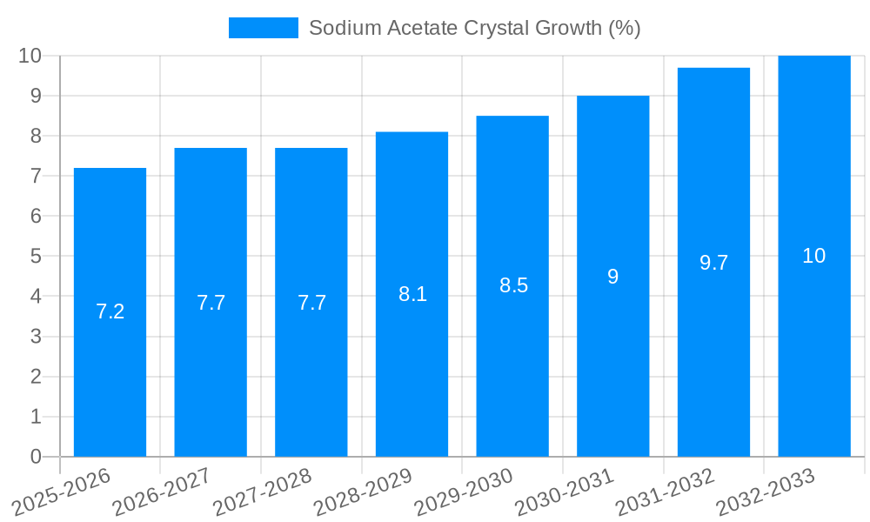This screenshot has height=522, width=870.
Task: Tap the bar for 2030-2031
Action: (612, 365)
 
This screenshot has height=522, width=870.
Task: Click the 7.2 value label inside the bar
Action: (110, 311)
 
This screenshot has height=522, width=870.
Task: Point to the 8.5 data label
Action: (513, 285)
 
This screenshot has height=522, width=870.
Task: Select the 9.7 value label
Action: (713, 263)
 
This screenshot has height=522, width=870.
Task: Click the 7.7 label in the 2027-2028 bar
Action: (311, 303)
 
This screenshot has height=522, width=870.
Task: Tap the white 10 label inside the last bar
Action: (813, 256)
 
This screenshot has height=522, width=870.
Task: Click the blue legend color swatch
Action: (263, 28)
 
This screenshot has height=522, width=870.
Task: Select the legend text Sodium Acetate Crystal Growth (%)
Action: (474, 28)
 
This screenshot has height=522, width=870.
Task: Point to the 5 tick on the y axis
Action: (36, 257)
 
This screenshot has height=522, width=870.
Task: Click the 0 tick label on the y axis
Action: (36, 457)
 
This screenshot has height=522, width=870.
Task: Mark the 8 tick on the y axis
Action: (36, 136)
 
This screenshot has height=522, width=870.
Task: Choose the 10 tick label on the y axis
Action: (30, 56)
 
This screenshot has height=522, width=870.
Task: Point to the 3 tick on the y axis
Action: (36, 337)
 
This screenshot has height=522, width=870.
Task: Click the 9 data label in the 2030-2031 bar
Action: (612, 277)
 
